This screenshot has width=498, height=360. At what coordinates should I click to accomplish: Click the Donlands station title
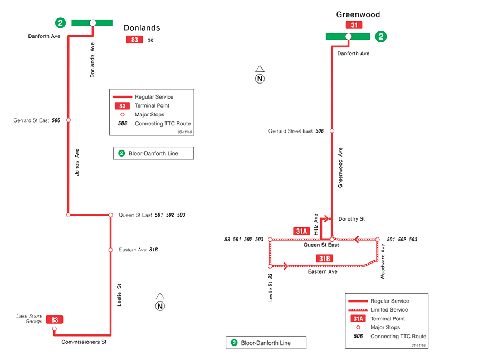pyautogui.click(x=141, y=27)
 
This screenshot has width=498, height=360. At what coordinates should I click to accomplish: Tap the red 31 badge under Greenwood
pyautogui.click(x=354, y=25)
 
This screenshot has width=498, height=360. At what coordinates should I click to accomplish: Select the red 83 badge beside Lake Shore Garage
pyautogui.click(x=55, y=320)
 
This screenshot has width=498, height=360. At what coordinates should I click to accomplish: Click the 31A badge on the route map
pyautogui.click(x=301, y=231)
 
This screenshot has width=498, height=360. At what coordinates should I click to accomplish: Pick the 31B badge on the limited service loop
pyautogui.click(x=325, y=258)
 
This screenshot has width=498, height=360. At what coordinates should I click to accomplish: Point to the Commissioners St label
pyautogui.click(x=84, y=342)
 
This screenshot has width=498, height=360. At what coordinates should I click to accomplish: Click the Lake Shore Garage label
pyautogui.click(x=30, y=318)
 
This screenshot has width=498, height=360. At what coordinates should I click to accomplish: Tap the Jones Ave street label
pyautogui.click(x=77, y=163)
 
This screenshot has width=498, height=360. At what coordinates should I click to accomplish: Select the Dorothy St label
pyautogui.click(x=351, y=219)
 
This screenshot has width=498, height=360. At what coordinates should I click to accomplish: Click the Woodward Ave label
pyautogui.click(x=383, y=261)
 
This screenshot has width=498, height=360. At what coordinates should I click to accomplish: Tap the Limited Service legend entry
pyautogui.click(x=389, y=310)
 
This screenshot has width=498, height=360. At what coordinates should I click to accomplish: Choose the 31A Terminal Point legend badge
pyautogui.click(x=358, y=319)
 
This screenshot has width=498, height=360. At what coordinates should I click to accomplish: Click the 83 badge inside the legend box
pyautogui.click(x=122, y=106)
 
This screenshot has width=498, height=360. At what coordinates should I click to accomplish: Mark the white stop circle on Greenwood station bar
pyautogui.click(x=348, y=37)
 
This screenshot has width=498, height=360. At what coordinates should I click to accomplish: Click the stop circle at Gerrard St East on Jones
pyautogui.click(x=68, y=120)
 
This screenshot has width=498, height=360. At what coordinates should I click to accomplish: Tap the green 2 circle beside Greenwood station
pyautogui.click(x=381, y=37)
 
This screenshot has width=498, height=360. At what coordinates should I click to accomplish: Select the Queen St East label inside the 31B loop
pyautogui.click(x=321, y=245)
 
